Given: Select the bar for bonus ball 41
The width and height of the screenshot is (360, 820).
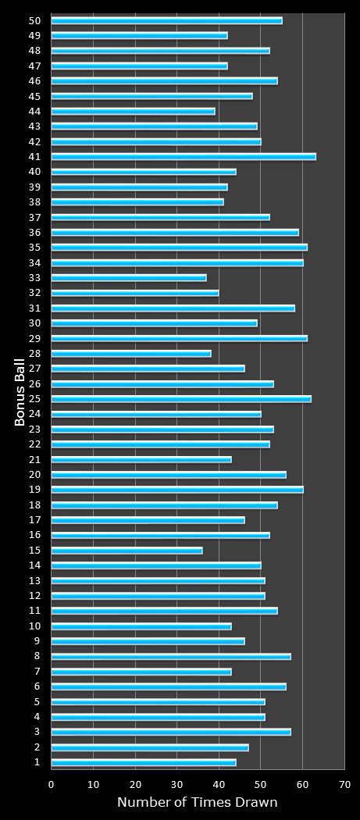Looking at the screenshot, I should pos(184,157).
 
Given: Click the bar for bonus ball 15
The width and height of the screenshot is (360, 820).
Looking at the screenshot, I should pos(127,551).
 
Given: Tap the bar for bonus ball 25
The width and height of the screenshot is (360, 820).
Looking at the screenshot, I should pos(181,399).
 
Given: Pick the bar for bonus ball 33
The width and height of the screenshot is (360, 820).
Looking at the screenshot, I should pos(129,278).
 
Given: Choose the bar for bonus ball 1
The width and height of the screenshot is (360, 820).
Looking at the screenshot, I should pos(144,762).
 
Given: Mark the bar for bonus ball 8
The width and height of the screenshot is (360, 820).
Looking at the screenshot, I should pos(171,657).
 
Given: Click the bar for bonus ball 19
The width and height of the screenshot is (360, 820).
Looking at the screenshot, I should pos(177,490).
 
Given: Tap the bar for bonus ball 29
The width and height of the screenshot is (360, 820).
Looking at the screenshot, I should pos(180,338).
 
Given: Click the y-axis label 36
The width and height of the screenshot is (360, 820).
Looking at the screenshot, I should pos(35,232).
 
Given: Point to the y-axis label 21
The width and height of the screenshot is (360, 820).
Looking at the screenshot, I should pos(35,459).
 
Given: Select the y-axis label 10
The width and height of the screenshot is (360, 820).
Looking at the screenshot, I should pos(35,626).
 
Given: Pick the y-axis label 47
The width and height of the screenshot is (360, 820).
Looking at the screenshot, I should pos(35,66).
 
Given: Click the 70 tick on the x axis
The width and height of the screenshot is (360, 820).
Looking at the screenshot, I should pos(344,784).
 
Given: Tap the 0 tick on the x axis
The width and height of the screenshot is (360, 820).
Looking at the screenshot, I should pos(52,784).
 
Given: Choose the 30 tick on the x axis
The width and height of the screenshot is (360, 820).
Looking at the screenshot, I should pos(177,784).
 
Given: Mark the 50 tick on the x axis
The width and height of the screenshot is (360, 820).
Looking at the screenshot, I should pos(261,784).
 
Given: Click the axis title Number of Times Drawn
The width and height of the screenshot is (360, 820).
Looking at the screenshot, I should pos(197,803).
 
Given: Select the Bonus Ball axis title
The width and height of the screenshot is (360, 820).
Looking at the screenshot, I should pos(20,391).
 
